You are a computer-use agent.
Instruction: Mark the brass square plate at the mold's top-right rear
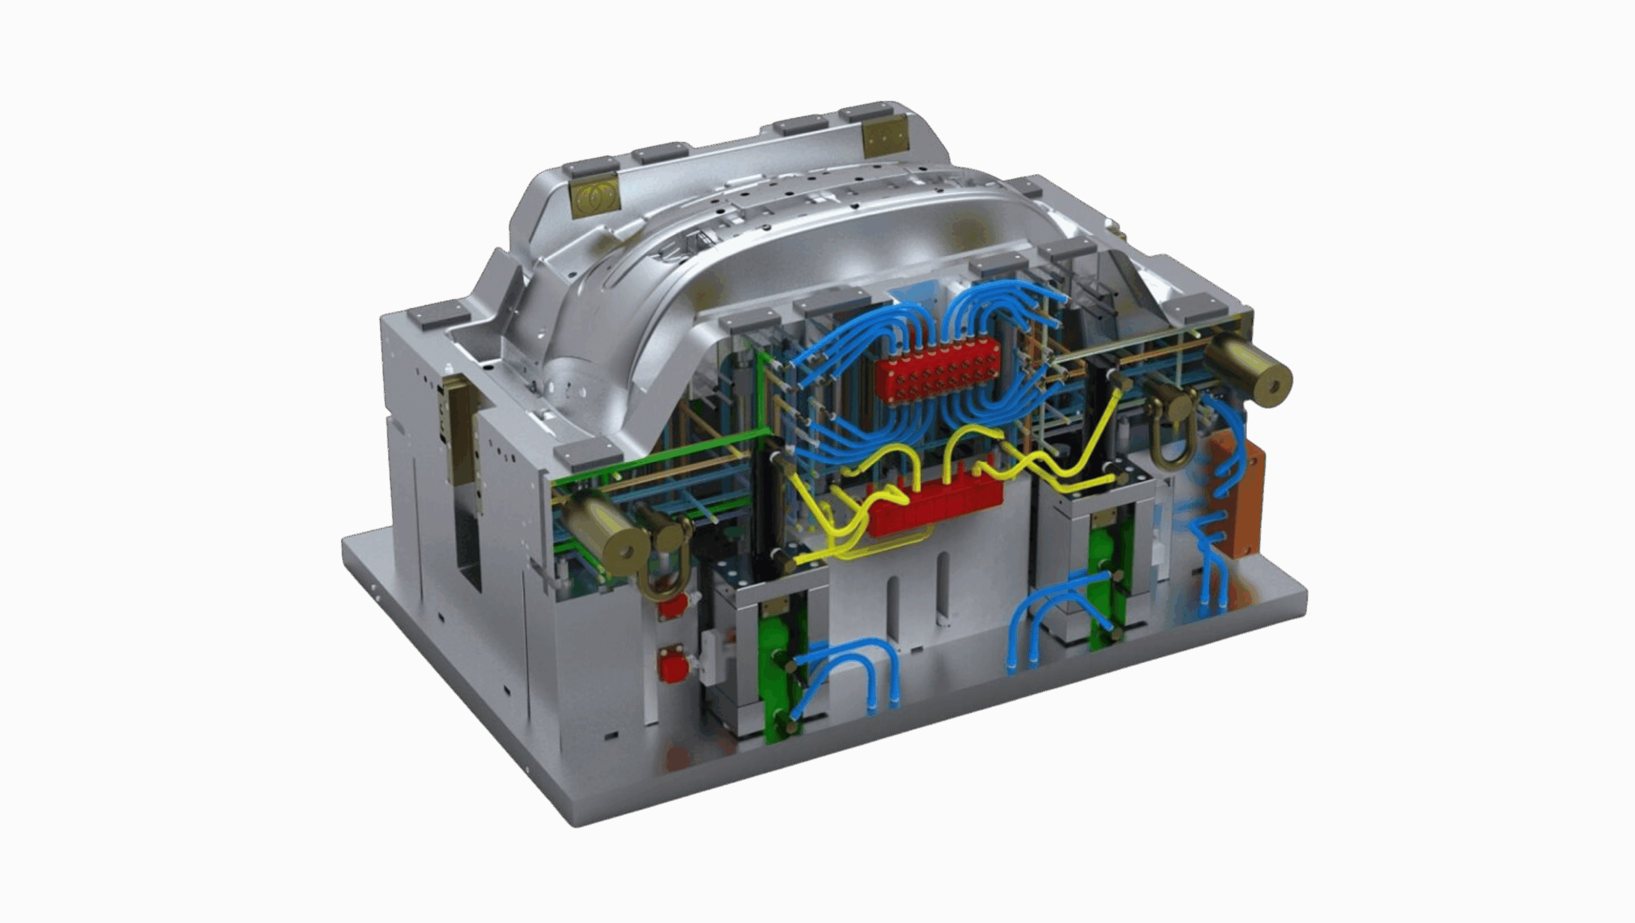pos(885,137)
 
